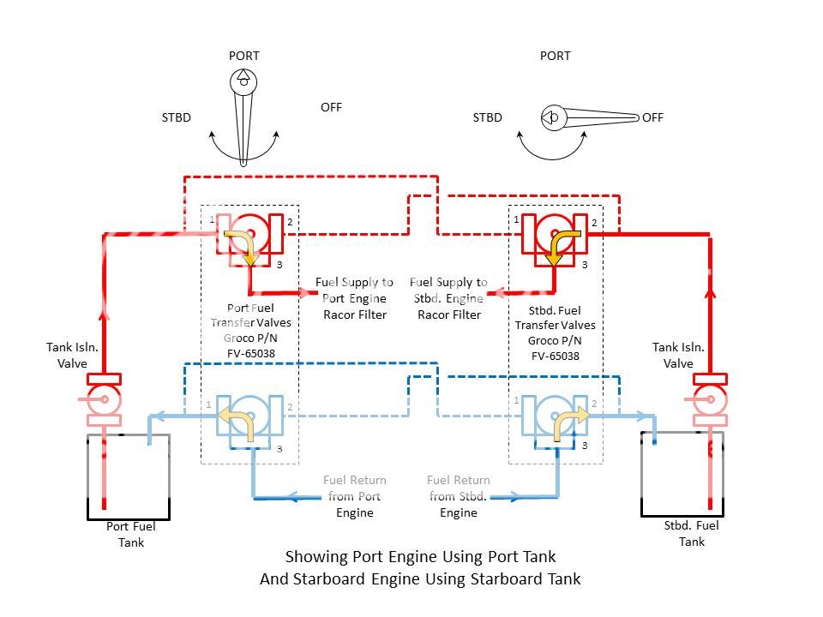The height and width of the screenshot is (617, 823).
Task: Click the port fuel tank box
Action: (128, 476)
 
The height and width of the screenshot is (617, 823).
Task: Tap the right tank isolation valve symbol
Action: (710, 398)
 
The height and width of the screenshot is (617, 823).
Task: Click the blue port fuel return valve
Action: (249, 418)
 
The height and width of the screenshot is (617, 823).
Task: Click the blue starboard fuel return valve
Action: (555, 418)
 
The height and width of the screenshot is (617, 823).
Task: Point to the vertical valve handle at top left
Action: (243, 120)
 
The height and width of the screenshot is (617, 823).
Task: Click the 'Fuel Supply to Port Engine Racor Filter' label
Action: (354, 298)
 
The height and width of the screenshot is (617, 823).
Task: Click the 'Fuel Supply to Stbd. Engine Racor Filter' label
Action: (448, 298)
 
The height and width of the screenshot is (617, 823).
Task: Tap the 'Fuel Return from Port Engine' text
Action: (354, 496)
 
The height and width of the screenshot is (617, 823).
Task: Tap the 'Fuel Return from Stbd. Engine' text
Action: (459, 496)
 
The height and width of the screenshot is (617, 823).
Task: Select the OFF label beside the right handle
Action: (652, 117)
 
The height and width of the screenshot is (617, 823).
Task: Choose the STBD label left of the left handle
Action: (176, 117)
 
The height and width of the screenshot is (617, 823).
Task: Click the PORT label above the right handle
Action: (555, 56)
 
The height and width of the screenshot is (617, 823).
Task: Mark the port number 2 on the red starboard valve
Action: (593, 223)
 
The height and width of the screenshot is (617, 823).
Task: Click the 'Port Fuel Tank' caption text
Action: (131, 534)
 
